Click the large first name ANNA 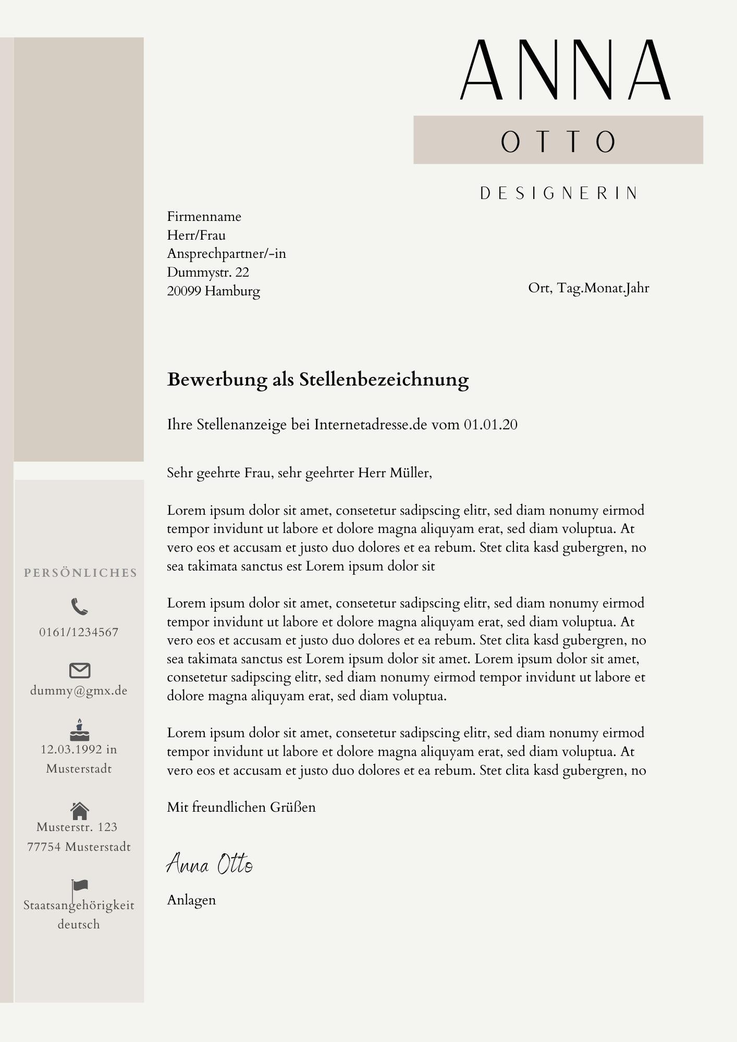[x=565, y=70]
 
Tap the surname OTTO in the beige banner [x=558, y=141]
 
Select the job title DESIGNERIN [x=559, y=193]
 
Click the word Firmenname [x=204, y=217]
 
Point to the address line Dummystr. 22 [x=208, y=272]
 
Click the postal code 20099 [x=184, y=291]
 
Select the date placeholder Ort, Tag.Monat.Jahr [x=588, y=288]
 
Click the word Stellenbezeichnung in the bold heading [x=384, y=380]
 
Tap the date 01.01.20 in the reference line [x=490, y=425]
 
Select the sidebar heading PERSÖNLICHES [x=80, y=573]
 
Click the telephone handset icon [x=79, y=606]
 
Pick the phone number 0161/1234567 [x=79, y=632]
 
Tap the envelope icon [x=80, y=671]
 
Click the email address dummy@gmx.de [x=79, y=691]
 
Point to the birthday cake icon [x=79, y=730]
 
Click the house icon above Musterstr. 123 [x=79, y=810]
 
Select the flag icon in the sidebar [x=79, y=886]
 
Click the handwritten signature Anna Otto [x=210, y=864]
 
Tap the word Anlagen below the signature [x=191, y=900]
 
